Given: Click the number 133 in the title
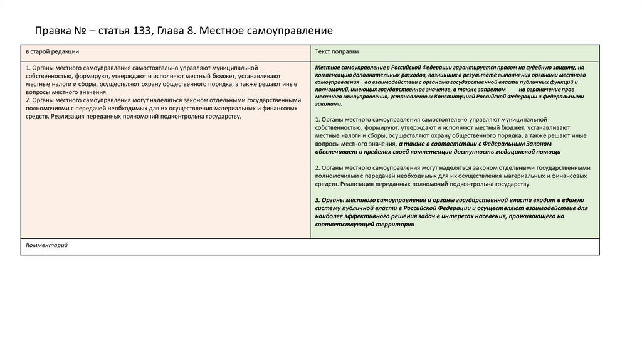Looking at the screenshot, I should pos(142,30).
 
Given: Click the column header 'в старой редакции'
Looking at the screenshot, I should pos(52,51).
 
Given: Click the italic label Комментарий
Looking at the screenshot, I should pos(47,245).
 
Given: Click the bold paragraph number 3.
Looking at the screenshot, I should pos(317,199).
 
